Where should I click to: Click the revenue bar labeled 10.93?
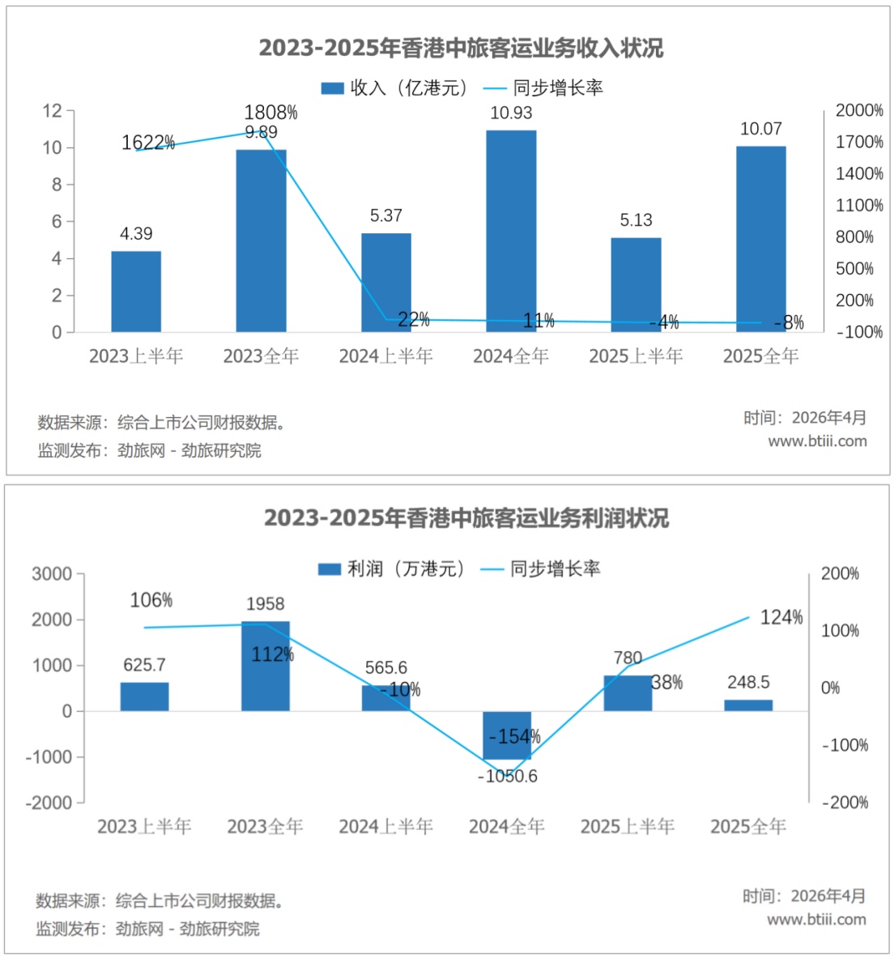click(511, 231)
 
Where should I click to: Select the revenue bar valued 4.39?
click(136, 292)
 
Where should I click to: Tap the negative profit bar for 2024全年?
click(507, 735)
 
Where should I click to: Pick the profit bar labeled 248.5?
click(748, 705)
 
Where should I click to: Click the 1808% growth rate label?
click(270, 113)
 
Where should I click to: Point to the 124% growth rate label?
click(781, 618)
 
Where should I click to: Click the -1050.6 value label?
click(507, 776)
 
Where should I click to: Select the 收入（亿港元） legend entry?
click(394, 88)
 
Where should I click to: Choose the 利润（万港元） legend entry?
click(391, 568)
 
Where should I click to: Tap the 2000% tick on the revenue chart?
click(859, 111)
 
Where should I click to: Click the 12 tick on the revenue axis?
click(53, 111)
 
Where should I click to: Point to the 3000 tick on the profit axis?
click(52, 573)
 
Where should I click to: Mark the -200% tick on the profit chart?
click(845, 803)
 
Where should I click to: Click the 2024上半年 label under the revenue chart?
click(386, 356)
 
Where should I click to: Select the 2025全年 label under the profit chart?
click(748, 827)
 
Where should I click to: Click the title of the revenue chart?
click(462, 49)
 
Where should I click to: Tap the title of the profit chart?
click(466, 518)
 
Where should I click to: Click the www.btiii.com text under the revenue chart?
click(818, 441)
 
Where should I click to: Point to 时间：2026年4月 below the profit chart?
click(804, 896)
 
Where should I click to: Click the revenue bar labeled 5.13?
click(636, 285)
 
